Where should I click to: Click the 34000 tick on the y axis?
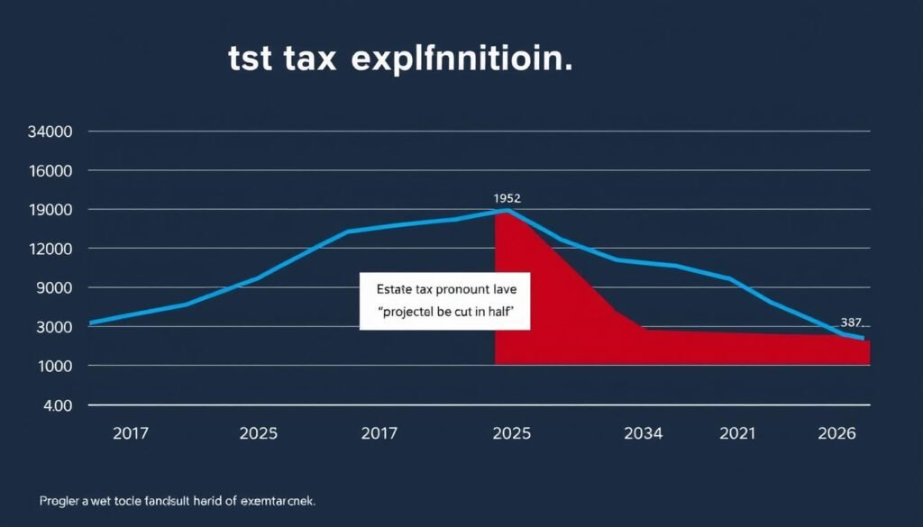pos(51,132)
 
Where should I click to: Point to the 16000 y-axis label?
pos(51,171)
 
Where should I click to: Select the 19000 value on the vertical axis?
pos(51,210)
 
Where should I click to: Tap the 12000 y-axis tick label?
pos(51,249)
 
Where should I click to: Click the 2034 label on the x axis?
pos(643,433)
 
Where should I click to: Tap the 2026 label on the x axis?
pos(836,433)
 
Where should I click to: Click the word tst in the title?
pos(250,60)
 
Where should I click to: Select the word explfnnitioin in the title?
pos(461,61)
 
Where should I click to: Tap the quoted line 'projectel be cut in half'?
pos(445,311)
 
